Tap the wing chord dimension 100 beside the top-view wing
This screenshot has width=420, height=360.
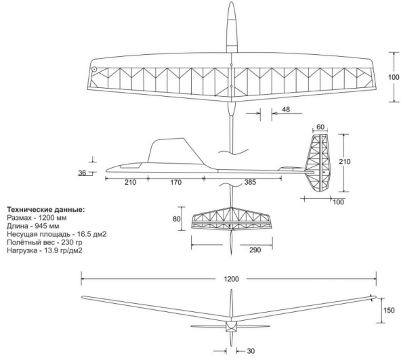tap(394, 77)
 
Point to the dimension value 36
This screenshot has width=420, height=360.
tap(83, 173)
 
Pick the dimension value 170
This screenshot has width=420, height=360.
tap(175, 182)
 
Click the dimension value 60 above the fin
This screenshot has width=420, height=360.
tap(320, 127)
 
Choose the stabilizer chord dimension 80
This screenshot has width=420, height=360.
tap(177, 219)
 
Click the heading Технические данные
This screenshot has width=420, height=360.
tap(45, 210)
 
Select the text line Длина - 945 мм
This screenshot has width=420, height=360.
tap(37, 226)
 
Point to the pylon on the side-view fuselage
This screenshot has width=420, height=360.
tap(169, 150)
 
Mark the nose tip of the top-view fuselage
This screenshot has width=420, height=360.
tap(231, 4)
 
